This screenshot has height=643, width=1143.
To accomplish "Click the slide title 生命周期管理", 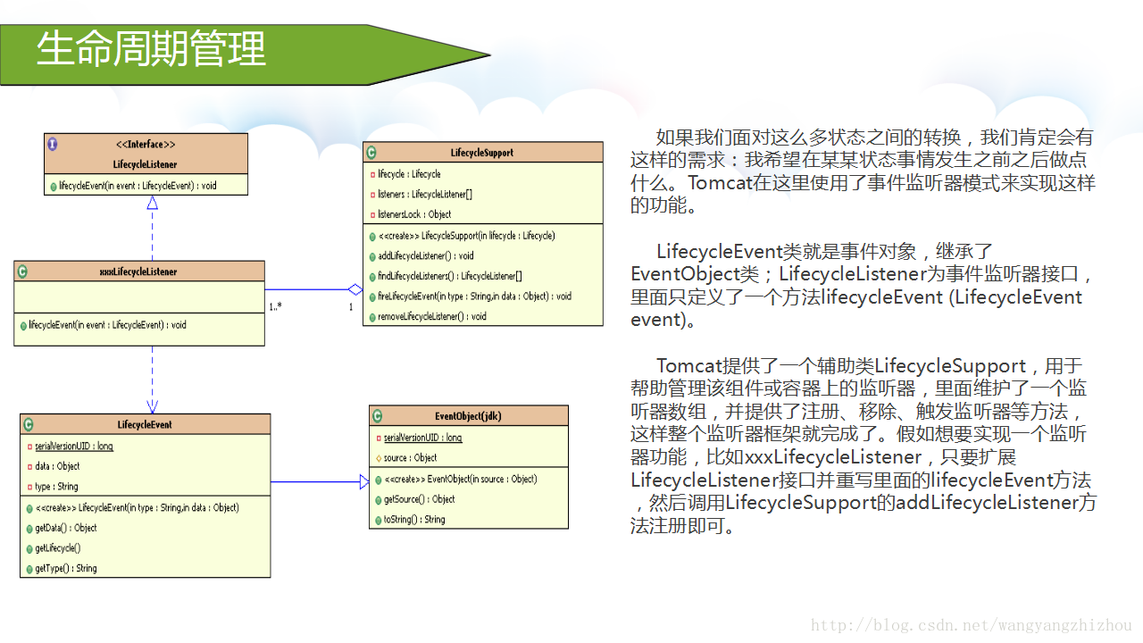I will click(x=151, y=50).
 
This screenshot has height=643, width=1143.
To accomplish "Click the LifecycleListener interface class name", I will click(x=145, y=164).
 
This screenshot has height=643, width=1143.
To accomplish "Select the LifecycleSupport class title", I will click(x=482, y=153).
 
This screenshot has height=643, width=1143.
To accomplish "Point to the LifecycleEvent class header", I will click(x=145, y=424).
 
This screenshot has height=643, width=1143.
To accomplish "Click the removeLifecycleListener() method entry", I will click(x=432, y=316).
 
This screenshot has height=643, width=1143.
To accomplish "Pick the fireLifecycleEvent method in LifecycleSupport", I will click(x=473, y=296).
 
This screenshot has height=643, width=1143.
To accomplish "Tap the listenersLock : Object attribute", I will click(x=413, y=214).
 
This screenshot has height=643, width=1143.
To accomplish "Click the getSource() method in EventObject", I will click(x=419, y=499).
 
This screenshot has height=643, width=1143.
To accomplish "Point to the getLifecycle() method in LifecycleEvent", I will click(x=57, y=547).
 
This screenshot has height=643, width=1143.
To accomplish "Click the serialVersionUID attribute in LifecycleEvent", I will click(x=73, y=446).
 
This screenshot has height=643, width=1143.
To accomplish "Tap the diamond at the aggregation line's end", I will click(x=355, y=289).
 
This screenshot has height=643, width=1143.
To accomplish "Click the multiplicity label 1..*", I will click(x=277, y=306).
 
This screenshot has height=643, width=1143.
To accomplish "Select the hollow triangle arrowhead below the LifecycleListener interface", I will click(x=152, y=203).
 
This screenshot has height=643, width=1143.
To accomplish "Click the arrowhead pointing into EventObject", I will click(x=363, y=482).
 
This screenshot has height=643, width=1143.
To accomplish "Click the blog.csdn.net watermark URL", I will click(x=972, y=626).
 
